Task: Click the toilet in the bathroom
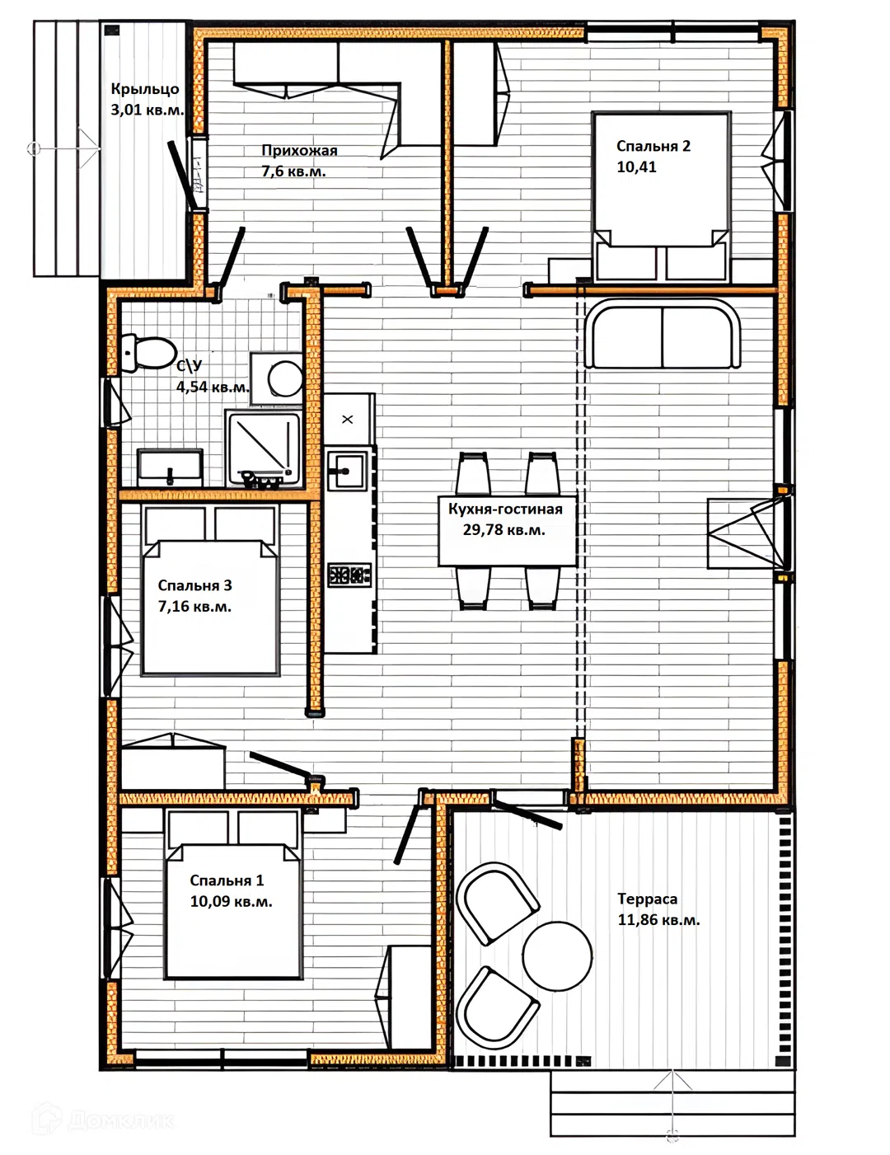click(x=149, y=352)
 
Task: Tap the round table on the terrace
click(x=557, y=955)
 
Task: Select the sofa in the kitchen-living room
click(x=662, y=334)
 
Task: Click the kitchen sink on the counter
click(x=347, y=471)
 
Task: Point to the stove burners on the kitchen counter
click(x=349, y=575)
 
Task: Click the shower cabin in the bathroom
click(x=264, y=449)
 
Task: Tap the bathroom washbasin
click(x=170, y=467)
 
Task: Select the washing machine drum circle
click(x=285, y=378)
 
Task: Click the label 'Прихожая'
click(x=299, y=150)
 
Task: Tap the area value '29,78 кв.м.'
click(x=504, y=530)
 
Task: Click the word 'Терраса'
click(x=647, y=899)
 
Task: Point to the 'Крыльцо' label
click(x=144, y=89)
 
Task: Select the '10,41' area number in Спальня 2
click(x=636, y=167)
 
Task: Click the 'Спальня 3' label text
click(x=194, y=585)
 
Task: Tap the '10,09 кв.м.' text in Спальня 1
click(x=231, y=901)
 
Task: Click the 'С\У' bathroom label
click(x=190, y=366)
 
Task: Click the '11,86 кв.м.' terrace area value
click(x=658, y=920)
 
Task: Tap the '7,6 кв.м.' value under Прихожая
click(x=293, y=171)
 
